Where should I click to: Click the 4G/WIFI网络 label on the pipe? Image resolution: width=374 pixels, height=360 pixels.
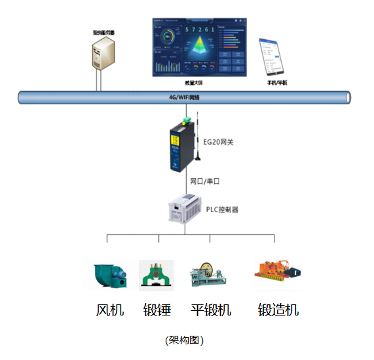(185, 98)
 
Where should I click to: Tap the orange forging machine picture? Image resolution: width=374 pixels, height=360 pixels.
(278, 274)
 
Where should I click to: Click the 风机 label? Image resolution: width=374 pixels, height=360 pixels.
(110, 310)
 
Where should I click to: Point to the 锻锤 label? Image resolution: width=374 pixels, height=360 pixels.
(157, 310)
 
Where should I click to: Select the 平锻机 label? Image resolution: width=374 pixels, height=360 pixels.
(211, 310)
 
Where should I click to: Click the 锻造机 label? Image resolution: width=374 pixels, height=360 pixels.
(278, 310)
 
